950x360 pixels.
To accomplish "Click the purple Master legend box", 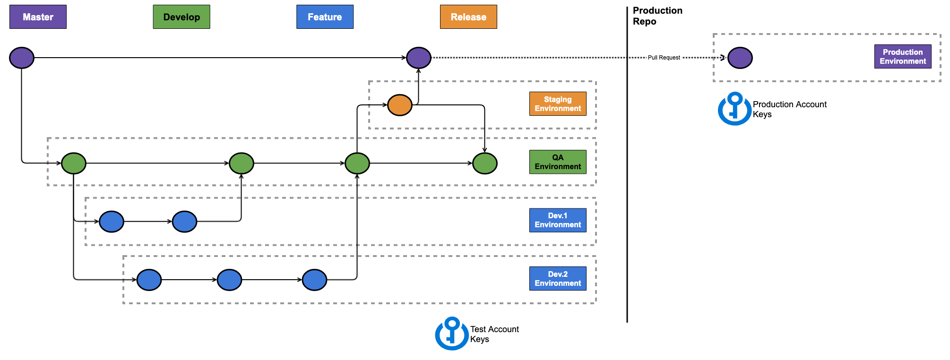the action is [38, 17].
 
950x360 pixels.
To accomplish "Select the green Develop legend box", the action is [181, 17].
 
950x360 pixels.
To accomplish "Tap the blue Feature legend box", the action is [325, 17].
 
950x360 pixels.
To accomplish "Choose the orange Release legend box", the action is [468, 17].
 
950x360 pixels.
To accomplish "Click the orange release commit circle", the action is [400, 105].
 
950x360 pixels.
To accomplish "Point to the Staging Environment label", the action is [558, 104].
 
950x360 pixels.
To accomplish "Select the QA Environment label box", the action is [558, 162].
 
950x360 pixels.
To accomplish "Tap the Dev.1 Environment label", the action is [558, 220].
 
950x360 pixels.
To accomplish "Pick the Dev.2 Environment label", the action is [558, 279].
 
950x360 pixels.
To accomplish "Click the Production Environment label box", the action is [903, 57].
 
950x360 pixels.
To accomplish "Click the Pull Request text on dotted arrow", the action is [664, 58].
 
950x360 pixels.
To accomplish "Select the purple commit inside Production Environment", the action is [740, 58].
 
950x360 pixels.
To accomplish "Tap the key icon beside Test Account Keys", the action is [452, 334].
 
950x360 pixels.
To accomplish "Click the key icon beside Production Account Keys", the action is [734, 109].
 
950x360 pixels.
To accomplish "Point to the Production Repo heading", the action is [657, 16].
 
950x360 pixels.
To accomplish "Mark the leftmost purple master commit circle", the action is [22, 58].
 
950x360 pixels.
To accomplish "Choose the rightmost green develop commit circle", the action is [485, 163].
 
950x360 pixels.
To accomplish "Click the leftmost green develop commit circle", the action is [74, 163].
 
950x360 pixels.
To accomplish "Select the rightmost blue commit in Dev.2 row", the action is [314, 280].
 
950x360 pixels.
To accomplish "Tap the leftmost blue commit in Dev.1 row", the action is [112, 222].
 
